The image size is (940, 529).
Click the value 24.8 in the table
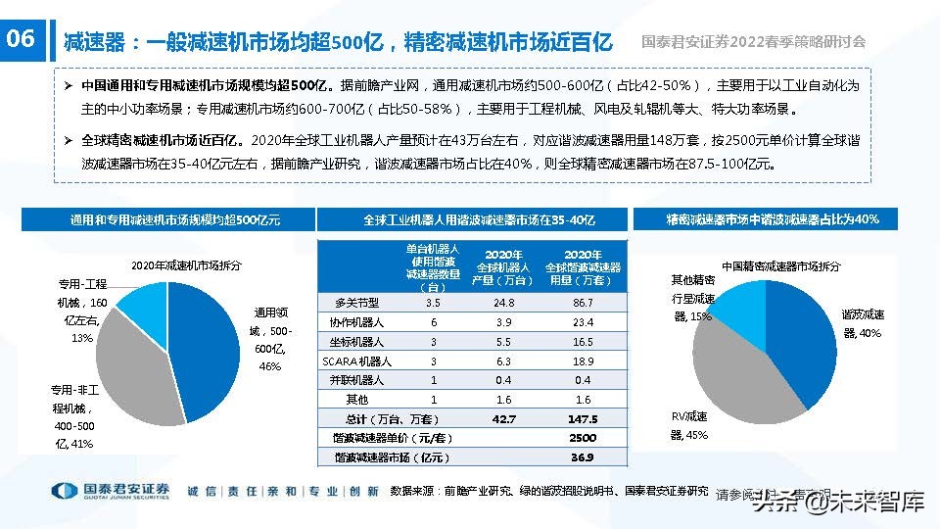(x=504, y=303)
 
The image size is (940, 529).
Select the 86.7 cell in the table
(x=583, y=303)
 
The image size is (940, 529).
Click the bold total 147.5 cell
(x=583, y=418)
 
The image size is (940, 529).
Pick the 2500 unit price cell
(x=583, y=437)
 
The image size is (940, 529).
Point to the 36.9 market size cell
(x=583, y=457)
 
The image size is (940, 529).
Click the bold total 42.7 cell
(x=504, y=418)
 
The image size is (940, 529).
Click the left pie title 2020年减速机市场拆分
(x=186, y=265)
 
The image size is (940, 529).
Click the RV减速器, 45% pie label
(x=689, y=424)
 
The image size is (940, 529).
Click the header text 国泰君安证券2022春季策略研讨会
(x=754, y=42)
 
